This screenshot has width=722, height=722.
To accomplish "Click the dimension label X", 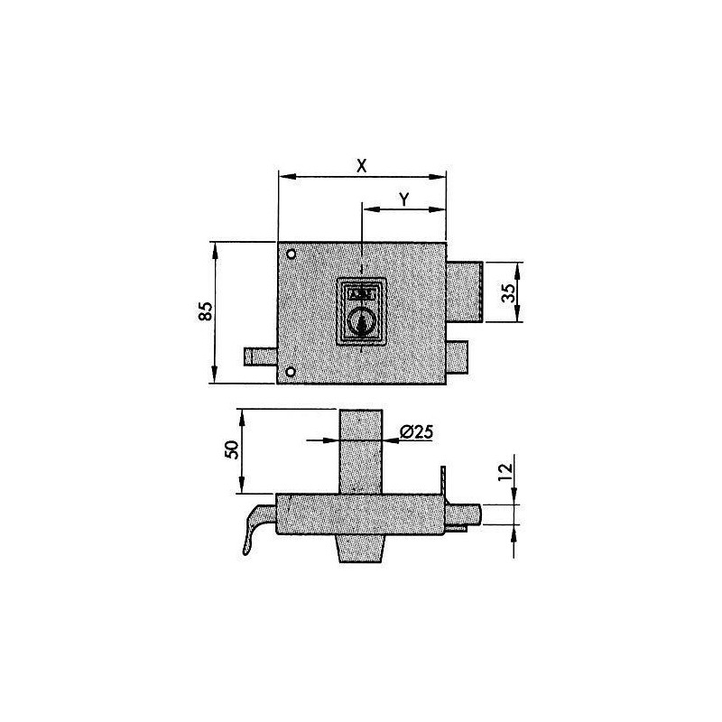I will [362, 165].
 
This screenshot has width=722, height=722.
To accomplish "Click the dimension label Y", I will [403, 200].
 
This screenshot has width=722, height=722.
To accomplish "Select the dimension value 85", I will [206, 312].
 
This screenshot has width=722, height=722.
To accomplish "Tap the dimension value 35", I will [508, 292].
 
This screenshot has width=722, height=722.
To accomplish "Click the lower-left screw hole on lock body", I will [291, 372].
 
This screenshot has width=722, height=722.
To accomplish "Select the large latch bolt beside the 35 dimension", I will [466, 292].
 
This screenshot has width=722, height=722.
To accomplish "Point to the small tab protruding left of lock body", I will [258, 356].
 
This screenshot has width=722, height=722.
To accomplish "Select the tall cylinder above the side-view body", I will [360, 451].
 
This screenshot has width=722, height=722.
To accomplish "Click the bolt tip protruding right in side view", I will [471, 515].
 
